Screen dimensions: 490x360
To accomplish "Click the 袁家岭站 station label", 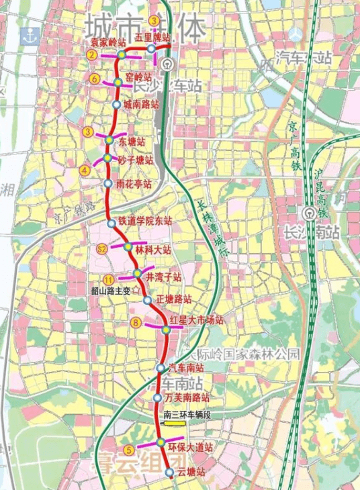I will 108,42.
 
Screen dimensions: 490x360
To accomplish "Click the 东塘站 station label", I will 132,142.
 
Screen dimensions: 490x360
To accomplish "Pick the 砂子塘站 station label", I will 135,160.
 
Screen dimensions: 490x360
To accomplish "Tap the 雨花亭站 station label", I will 133,183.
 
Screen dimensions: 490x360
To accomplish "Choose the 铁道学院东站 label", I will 145,220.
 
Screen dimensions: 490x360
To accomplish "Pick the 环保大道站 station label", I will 190,446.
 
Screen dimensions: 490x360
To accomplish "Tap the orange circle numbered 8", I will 136,324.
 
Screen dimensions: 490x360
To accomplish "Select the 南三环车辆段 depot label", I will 187,416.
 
